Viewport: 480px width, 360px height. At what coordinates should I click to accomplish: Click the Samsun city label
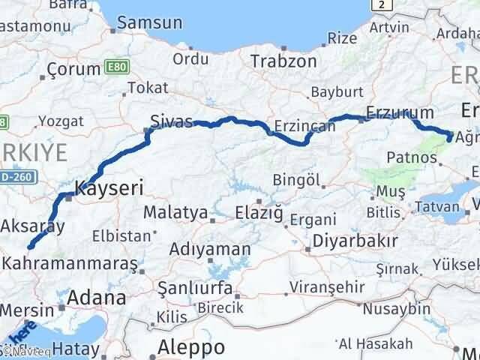[155, 22]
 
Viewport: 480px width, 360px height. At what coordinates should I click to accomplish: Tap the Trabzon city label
[283, 61]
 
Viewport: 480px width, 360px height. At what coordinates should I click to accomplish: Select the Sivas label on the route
[172, 121]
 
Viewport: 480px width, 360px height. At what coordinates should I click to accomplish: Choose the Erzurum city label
[400, 113]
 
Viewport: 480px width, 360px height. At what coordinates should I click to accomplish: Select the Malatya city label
[175, 213]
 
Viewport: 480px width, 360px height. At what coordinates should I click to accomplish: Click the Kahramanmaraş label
[70, 264]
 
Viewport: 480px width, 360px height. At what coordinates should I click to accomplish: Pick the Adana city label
[97, 298]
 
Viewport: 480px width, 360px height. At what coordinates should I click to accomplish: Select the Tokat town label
[148, 88]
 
